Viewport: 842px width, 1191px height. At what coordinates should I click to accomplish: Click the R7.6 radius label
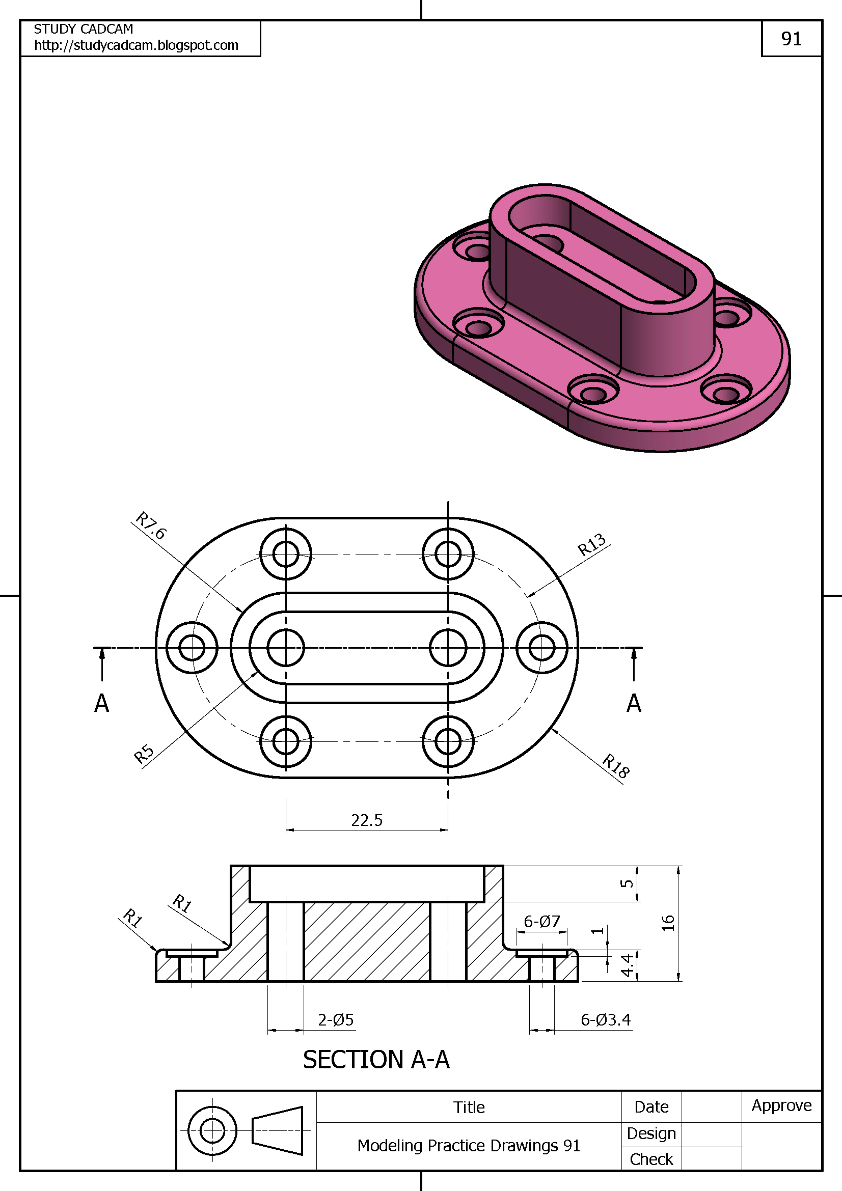(x=150, y=525)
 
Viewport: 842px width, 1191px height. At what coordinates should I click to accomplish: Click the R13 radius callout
(x=591, y=545)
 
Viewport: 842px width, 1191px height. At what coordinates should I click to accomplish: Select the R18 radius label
(x=616, y=766)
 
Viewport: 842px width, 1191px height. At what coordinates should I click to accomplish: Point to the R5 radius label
(x=144, y=754)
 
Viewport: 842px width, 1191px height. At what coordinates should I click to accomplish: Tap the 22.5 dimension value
(x=366, y=820)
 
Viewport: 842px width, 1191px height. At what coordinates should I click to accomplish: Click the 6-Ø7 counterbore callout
(x=541, y=921)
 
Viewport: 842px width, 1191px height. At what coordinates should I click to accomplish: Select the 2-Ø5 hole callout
(x=336, y=1020)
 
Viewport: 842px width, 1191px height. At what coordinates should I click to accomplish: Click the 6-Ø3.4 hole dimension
(x=606, y=1020)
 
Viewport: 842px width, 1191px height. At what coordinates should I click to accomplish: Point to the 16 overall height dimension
(x=668, y=923)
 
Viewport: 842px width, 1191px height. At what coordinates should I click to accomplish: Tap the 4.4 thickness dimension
(x=627, y=965)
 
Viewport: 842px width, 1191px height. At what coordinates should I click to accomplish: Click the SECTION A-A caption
(x=376, y=1060)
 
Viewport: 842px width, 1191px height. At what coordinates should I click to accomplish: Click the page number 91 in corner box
(x=791, y=39)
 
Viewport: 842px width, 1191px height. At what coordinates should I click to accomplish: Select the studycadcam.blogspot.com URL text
(x=136, y=46)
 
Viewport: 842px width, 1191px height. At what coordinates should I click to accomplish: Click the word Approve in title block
(x=781, y=1105)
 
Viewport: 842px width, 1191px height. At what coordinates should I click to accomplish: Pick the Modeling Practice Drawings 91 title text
(x=469, y=1145)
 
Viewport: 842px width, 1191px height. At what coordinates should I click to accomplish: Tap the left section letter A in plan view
(x=102, y=703)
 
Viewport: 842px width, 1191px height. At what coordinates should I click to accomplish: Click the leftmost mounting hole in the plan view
(x=192, y=647)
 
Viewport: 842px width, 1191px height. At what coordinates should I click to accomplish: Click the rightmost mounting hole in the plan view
(x=541, y=647)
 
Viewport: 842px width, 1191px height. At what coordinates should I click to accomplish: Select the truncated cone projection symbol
(x=278, y=1131)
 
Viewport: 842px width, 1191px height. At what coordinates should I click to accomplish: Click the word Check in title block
(x=651, y=1159)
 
